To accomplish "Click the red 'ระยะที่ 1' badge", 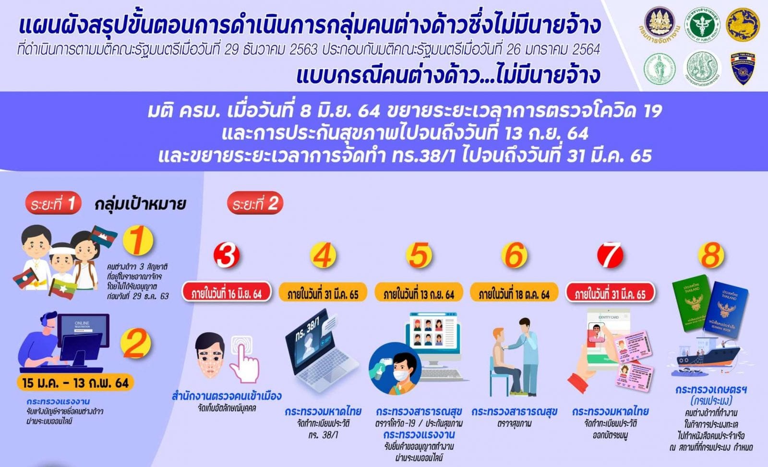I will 53,204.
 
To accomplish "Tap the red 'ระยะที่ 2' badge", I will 255,204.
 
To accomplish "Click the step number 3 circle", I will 227,255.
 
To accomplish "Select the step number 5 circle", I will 419,255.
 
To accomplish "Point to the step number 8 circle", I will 711,255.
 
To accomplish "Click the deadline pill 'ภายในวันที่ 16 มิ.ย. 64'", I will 227,293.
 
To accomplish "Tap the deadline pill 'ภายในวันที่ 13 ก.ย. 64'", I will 419,293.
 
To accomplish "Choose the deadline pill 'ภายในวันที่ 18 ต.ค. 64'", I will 514,293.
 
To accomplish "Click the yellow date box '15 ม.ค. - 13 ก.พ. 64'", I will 75,383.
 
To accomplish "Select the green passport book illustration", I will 691,302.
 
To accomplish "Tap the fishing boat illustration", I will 705,358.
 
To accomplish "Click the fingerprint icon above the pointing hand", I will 241,345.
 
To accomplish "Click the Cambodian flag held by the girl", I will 103,236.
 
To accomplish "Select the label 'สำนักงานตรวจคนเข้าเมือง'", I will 227,396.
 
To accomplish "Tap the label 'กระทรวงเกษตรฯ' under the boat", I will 711,390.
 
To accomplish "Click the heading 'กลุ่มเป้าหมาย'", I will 140,204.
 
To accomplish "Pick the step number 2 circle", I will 135,344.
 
